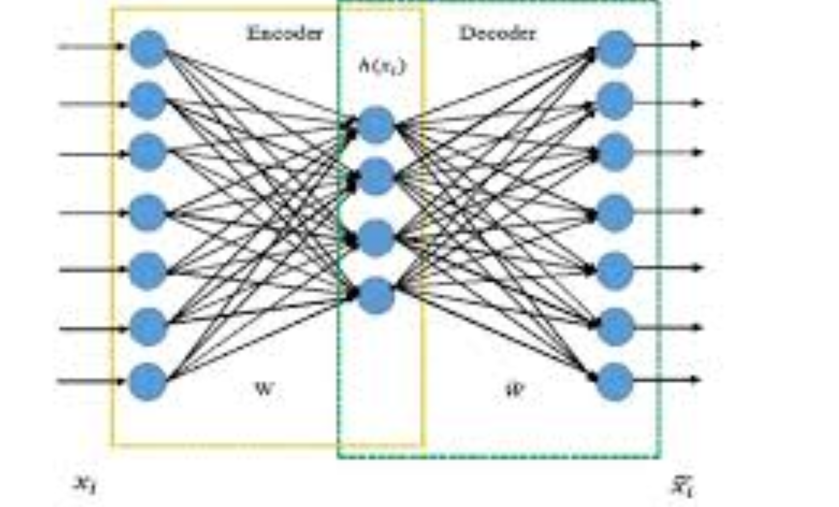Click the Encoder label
pos(285,33)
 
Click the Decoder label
pos(497,33)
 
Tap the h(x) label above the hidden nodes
pos(382,66)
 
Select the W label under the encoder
pos(264,389)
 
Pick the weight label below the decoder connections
pos(513,390)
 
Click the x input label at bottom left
pos(85,483)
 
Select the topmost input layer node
pos(148,48)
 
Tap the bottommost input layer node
pos(148,381)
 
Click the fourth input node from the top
pos(148,212)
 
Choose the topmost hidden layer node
pos(376,125)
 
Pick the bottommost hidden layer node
pos(376,295)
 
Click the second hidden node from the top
pos(376,176)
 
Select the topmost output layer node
pos(615,48)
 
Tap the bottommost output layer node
pos(615,381)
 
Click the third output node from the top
pos(615,152)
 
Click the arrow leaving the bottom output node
pos(667,379)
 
